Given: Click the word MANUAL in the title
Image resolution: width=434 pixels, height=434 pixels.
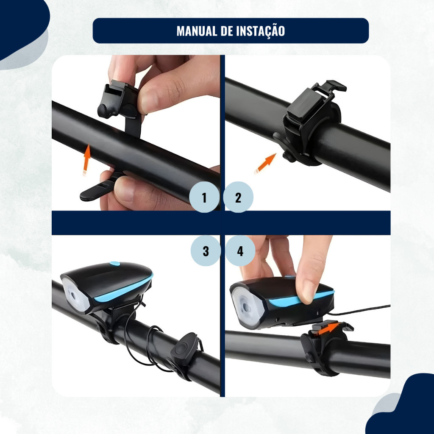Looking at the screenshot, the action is click(x=197, y=31).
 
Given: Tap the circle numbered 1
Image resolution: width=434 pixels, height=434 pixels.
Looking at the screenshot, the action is click(x=204, y=197).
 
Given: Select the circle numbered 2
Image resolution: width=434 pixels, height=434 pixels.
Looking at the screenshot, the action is click(x=238, y=197).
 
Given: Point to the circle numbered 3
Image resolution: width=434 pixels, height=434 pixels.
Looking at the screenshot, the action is click(x=206, y=251).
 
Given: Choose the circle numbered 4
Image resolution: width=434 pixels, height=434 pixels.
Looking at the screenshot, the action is click(x=240, y=251).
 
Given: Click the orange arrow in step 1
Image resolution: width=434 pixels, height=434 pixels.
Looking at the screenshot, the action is click(x=86, y=159).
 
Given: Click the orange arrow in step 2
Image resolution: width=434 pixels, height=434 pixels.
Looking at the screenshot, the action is click(x=266, y=163).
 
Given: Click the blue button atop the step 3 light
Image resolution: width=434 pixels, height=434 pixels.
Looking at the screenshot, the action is click(x=114, y=264).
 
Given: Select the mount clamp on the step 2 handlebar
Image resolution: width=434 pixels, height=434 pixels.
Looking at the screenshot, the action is click(x=310, y=123).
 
